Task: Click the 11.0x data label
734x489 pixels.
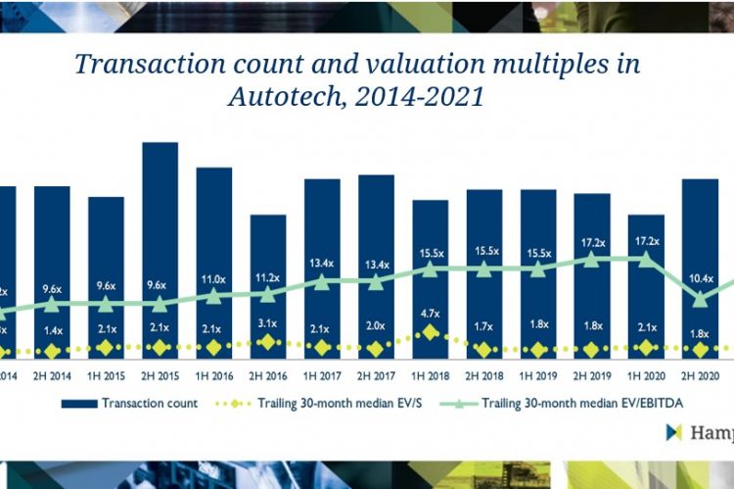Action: coord(214,279)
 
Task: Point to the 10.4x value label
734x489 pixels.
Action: coord(699,279)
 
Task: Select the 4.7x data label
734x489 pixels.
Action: coord(430,316)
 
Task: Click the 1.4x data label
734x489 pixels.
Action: coord(52,331)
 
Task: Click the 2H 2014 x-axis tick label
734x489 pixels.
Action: coord(52,373)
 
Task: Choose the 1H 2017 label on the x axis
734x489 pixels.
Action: coord(322,373)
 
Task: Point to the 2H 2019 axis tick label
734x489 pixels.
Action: coord(591,373)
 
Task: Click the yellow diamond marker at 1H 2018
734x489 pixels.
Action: coord(430,332)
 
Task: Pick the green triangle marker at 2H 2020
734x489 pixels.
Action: coord(699,299)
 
